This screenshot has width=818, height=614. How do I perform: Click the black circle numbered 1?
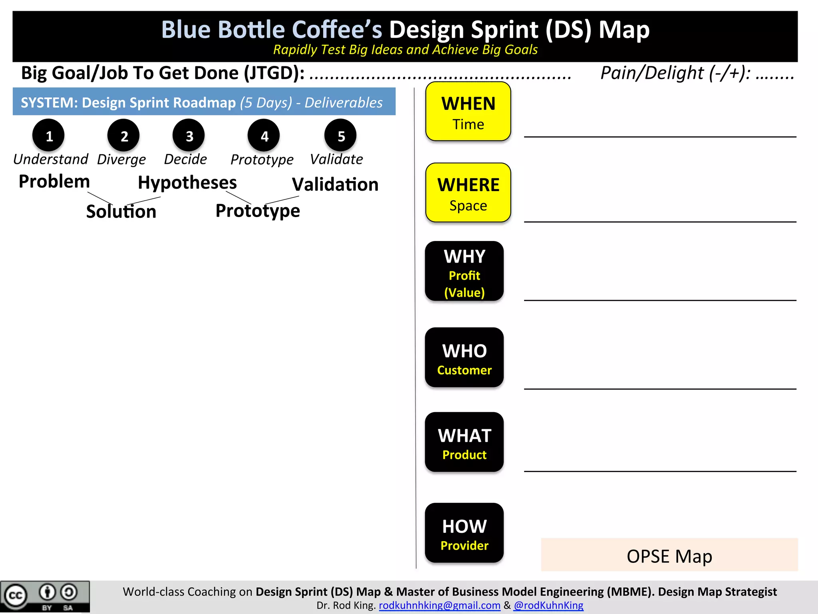point(49,136)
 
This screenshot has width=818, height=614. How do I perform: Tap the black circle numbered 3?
point(189,136)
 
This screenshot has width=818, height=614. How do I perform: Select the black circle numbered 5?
point(341,136)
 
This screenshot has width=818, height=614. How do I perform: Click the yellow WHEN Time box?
point(468,112)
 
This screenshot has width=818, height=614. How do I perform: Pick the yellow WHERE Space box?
point(468,193)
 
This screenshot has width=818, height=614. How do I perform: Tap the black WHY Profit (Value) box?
point(464,271)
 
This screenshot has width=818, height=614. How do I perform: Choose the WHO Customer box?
point(464,357)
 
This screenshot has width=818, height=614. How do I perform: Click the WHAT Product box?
point(464,442)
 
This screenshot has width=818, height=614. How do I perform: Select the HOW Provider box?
point(464,533)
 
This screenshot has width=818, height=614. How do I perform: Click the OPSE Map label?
point(669,556)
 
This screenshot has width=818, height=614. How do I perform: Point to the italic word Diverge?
point(121,159)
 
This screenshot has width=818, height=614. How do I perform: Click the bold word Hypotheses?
point(187,183)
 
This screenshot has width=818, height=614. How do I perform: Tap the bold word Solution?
point(121,211)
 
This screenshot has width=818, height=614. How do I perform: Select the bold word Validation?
point(335,185)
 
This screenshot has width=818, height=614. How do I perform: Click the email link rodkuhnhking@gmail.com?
point(439,605)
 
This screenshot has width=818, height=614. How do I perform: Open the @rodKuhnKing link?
point(548,605)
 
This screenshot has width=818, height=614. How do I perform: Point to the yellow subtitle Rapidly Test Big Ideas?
point(405,50)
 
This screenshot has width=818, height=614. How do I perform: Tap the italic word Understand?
point(50,159)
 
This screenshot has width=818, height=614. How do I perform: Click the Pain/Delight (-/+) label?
point(675,73)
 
